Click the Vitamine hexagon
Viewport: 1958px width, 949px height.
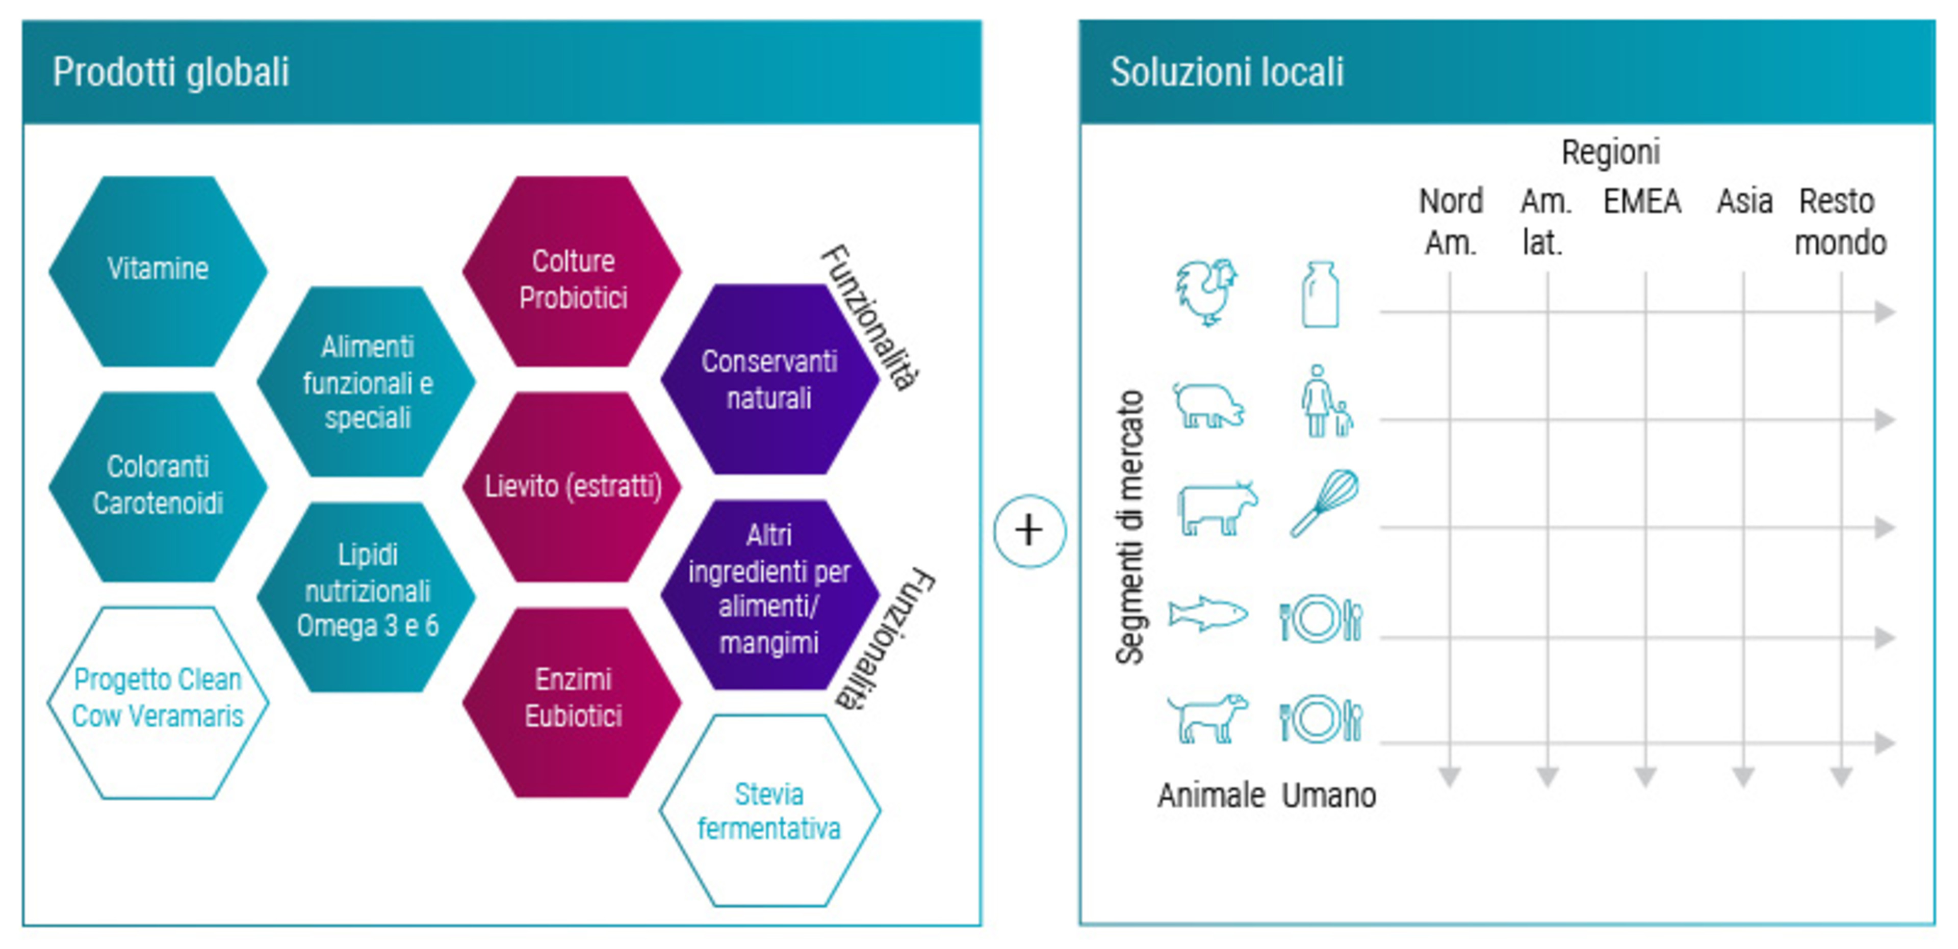pos(158,271)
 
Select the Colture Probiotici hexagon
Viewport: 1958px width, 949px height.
pos(572,271)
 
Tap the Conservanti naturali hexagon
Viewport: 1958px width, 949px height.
pos(770,379)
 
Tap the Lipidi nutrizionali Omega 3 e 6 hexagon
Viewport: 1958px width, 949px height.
pos(367,596)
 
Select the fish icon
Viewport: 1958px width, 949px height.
pos(1208,613)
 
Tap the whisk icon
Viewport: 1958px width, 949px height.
pos(1325,503)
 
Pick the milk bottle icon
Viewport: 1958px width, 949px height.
pos(1320,295)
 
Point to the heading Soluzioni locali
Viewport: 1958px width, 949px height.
pos(1227,72)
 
